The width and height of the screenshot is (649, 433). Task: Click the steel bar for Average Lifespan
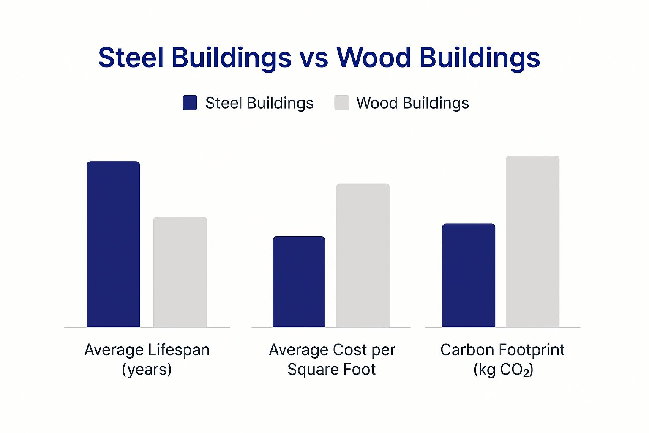[x=113, y=244]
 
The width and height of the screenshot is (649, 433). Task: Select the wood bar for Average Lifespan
[x=180, y=272]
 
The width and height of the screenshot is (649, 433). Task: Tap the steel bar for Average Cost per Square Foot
[x=299, y=282]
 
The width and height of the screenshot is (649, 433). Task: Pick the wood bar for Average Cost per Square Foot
[x=363, y=255]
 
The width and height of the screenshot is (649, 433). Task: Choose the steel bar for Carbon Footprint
[x=468, y=275]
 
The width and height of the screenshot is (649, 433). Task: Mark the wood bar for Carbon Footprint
[x=532, y=242]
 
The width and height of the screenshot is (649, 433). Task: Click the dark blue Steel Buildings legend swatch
[x=190, y=103]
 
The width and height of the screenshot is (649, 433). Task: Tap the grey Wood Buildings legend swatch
[x=341, y=103]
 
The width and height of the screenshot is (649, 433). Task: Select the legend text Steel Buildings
[x=259, y=103]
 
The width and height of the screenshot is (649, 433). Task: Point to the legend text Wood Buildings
[x=412, y=103]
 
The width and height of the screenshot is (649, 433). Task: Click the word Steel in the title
[x=131, y=58]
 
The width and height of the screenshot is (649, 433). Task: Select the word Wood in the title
[x=374, y=58]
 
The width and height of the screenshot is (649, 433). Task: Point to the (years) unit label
[x=147, y=370]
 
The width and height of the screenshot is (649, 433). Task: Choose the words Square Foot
[x=331, y=370]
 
